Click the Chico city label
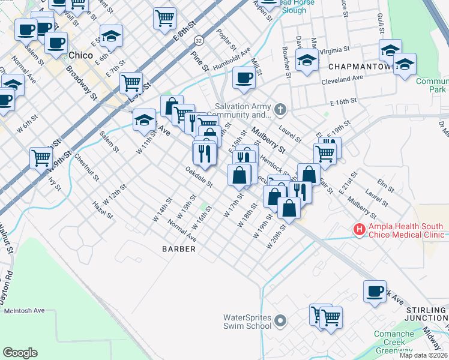coord(81,55)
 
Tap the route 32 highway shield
coord(197,40)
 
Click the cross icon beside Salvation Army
coord(280,110)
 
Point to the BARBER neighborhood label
coord(179,248)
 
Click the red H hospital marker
coord(359,229)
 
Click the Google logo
coord(20,353)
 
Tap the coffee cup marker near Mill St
coord(243,78)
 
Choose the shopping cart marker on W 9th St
coord(41,158)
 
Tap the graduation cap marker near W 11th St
coord(144,119)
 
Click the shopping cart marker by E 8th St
coord(164,17)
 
